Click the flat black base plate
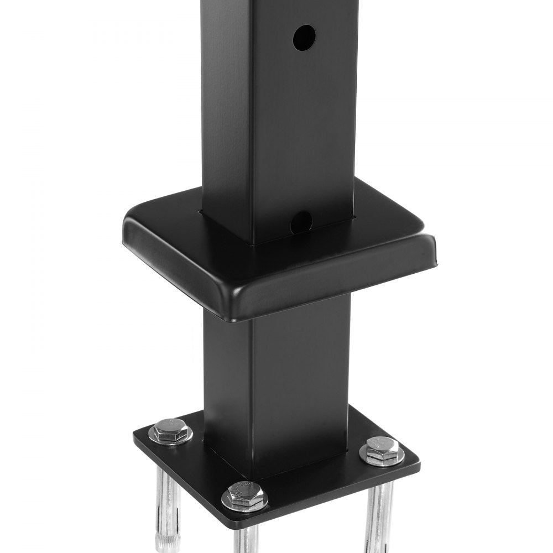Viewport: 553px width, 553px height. click(310, 476)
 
